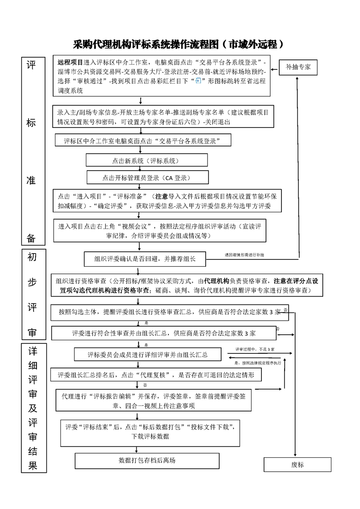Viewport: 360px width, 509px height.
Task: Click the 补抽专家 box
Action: (x=298, y=67)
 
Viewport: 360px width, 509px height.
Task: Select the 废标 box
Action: (x=297, y=465)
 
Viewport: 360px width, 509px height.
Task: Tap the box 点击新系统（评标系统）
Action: (x=147, y=160)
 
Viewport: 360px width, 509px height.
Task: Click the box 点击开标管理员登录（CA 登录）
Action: (x=148, y=177)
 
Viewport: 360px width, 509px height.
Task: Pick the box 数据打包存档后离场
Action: (x=147, y=460)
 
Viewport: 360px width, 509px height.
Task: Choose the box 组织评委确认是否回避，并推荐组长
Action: (x=145, y=259)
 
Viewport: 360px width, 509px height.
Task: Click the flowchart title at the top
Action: (x=179, y=44)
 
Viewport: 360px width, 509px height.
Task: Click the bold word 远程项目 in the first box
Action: (x=70, y=62)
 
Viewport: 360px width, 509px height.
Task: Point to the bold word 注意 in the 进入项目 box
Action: (x=162, y=196)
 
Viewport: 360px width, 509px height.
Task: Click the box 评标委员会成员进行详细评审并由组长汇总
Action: (x=147, y=355)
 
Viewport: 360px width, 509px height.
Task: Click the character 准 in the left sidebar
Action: (x=31, y=180)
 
